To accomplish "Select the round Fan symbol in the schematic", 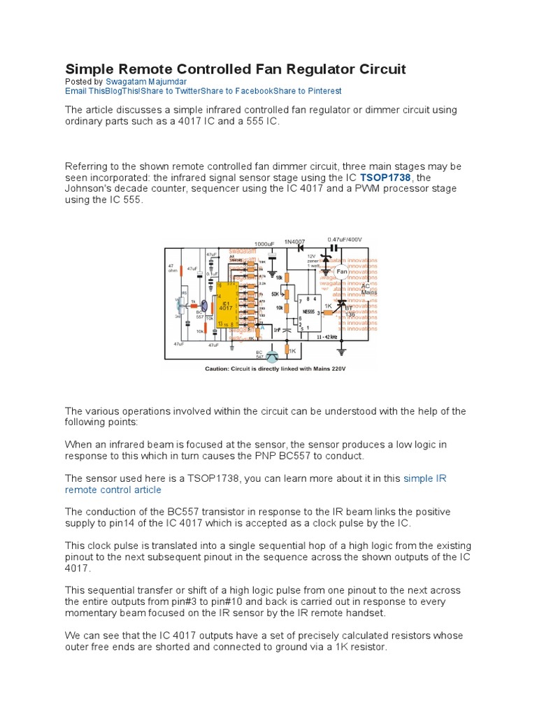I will pyautogui.click(x=342, y=271).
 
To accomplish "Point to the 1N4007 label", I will pyautogui.click(x=295, y=240).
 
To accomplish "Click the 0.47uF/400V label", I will pyautogui.click(x=345, y=239).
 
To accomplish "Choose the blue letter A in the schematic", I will pyautogui.click(x=262, y=328).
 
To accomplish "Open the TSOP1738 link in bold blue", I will pyautogui.click(x=385, y=178).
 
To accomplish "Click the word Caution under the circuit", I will pyautogui.click(x=219, y=368).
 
